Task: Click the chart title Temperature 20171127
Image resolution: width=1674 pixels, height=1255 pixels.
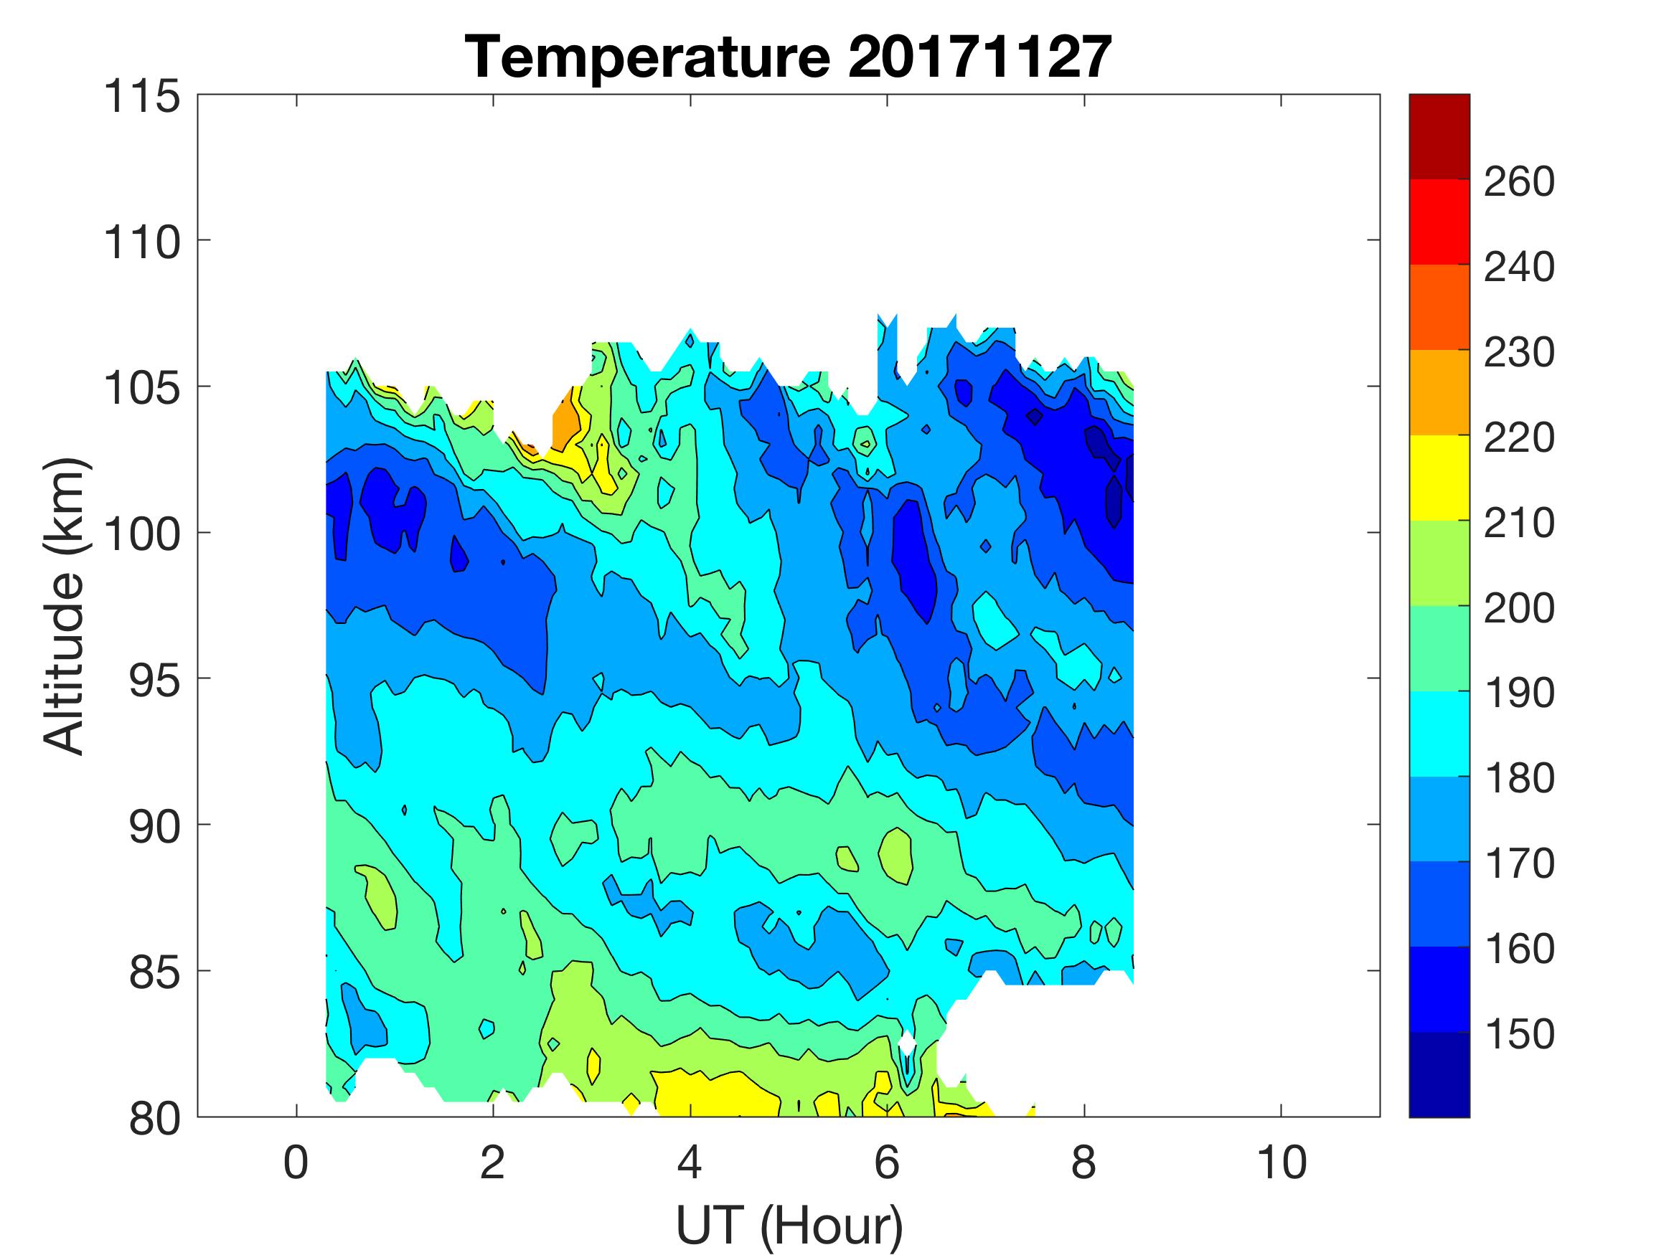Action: [788, 57]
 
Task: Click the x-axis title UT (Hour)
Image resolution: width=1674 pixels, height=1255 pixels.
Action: [789, 1226]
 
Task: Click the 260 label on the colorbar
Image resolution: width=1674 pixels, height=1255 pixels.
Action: [1519, 181]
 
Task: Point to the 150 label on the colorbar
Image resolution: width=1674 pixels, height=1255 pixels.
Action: [1519, 1034]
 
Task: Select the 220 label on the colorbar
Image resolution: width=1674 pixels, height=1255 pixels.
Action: [1519, 437]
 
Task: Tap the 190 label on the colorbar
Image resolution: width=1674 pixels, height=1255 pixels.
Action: [1519, 693]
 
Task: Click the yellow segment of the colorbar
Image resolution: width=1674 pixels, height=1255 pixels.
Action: [1439, 478]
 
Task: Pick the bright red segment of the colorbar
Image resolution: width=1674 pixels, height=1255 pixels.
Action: [1439, 221]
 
